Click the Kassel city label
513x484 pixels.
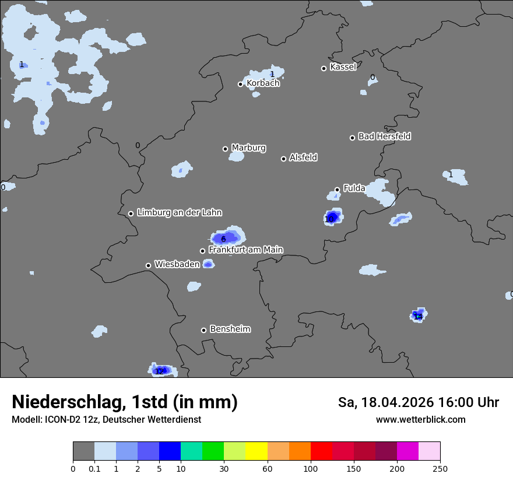click(x=343, y=67)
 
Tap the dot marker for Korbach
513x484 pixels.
click(x=240, y=84)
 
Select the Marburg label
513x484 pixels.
click(x=248, y=148)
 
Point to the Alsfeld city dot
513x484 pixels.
click(x=283, y=159)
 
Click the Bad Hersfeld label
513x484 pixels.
click(x=384, y=136)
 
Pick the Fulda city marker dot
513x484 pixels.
click(x=337, y=190)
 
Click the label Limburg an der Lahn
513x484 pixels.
click(x=179, y=213)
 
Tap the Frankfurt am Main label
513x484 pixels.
click(x=245, y=250)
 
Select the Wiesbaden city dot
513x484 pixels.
click(x=148, y=265)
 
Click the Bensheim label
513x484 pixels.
click(x=230, y=329)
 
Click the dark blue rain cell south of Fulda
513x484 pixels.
click(x=332, y=218)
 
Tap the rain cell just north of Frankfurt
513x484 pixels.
click(x=226, y=237)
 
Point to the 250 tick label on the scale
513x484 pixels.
click(x=440, y=468)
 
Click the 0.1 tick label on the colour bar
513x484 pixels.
click(x=94, y=468)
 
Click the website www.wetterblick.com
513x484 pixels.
click(x=420, y=420)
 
